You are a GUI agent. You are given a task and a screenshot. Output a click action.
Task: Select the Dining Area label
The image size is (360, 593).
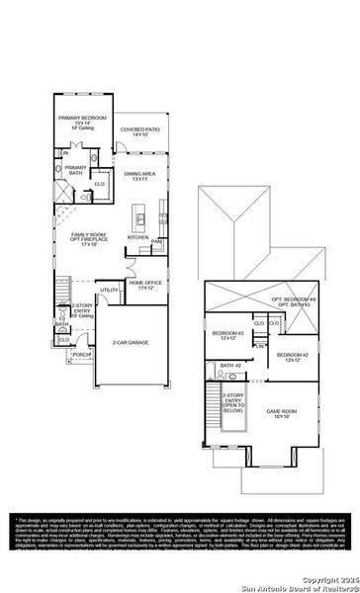136,176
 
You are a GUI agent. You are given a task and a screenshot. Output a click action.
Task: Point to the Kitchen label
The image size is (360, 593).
137,237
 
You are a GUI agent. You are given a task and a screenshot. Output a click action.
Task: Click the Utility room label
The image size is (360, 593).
108,290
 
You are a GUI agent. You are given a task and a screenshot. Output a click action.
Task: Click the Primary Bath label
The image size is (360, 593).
76,170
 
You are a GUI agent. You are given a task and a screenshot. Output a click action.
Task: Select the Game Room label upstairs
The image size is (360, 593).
281,414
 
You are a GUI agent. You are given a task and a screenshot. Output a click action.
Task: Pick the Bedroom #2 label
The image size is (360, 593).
294,357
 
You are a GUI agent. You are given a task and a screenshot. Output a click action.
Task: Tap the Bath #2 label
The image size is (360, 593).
230,366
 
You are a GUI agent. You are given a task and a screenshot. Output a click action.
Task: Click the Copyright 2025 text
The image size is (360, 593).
325,578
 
